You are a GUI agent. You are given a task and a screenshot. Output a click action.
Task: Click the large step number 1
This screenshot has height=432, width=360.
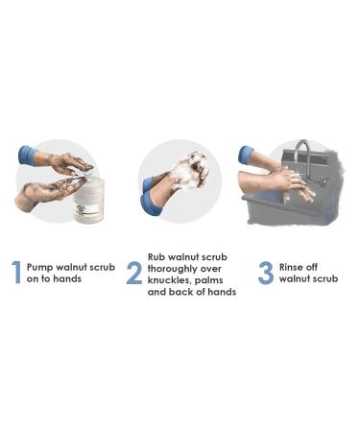pos(16,273)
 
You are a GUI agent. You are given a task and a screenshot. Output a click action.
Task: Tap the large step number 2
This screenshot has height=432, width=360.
pos(134,273)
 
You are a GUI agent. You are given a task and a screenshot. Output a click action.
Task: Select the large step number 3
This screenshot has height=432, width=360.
pos(265,272)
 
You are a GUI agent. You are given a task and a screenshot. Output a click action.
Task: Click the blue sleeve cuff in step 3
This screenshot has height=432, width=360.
pos(247,156)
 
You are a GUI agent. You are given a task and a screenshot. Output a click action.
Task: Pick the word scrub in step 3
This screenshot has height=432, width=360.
pos(324,278)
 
